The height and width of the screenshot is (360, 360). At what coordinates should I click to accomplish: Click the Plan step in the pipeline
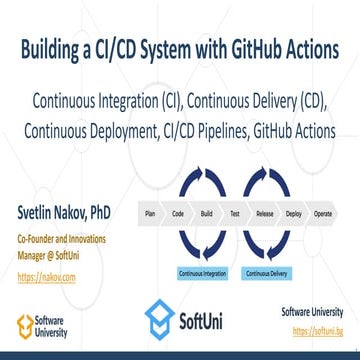coord(149,213)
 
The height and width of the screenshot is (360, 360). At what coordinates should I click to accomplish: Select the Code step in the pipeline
coord(177,213)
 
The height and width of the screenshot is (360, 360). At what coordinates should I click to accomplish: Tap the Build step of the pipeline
coord(206,213)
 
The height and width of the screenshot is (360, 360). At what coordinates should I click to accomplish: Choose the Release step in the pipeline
coord(265,213)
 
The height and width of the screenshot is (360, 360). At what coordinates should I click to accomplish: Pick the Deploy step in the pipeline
coord(294,213)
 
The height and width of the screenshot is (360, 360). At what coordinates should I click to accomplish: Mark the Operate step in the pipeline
coord(323,213)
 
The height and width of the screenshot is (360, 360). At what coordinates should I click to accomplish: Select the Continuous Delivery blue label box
coord(263,272)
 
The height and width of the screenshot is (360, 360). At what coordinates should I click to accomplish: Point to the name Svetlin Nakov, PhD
coord(59,213)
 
